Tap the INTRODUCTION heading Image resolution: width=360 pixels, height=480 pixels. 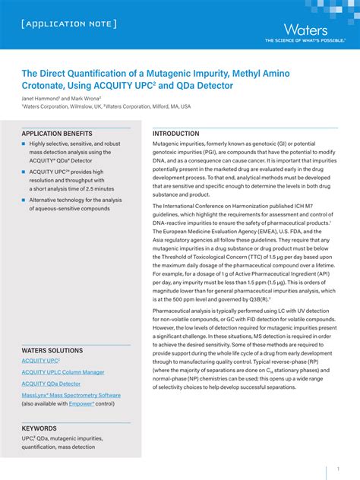coord(175,134)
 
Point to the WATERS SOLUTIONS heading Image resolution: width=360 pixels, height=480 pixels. coord(52,350)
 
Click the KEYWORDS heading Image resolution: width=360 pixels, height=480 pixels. coord(39,428)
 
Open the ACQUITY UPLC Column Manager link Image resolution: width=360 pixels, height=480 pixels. coord(63,372)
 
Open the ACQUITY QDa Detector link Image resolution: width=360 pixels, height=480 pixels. coord(51,384)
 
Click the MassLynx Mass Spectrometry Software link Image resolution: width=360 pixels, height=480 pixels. coord(71,395)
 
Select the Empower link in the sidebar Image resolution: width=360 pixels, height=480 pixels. coord(81,403)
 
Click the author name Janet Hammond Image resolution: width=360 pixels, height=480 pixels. coord(39,98)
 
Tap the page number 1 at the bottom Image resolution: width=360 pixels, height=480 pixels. coord(338,469)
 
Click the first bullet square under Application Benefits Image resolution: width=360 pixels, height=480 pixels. coord(24,144)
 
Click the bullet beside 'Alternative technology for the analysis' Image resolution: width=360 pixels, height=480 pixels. coord(24,201)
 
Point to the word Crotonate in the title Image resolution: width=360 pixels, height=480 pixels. coord(46,87)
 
